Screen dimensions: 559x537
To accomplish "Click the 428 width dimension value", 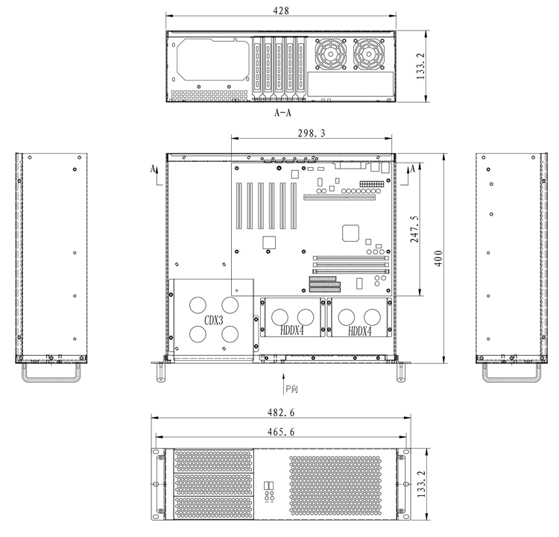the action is (281, 10).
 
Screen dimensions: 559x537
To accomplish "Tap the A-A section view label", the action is (282, 113).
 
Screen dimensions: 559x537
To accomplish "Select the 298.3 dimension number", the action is (312, 133).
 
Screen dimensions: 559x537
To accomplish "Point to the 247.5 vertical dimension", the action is (414, 229).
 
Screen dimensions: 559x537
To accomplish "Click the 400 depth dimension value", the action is (438, 258).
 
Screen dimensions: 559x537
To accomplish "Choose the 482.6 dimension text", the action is (281, 412).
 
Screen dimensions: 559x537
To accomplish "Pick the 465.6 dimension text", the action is (281, 432).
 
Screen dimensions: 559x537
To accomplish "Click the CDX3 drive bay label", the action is (214, 321).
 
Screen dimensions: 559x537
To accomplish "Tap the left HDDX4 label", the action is (292, 330).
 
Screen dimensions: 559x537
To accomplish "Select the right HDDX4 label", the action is (360, 331).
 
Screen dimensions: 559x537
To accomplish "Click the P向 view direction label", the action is (291, 389).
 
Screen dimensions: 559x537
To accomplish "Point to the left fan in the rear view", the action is (330, 54).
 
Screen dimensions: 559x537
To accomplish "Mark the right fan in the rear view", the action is (369, 54).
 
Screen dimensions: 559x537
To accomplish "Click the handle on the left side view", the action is (51, 380).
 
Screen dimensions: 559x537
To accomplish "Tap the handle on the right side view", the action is (511, 380).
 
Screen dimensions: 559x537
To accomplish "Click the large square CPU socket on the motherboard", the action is (350, 233).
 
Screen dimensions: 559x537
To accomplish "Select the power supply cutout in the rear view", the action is (213, 60).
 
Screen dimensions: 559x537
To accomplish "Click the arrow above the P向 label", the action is (283, 383).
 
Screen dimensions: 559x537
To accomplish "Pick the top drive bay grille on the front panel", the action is (213, 461).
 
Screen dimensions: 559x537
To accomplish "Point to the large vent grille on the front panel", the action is (335, 487).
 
